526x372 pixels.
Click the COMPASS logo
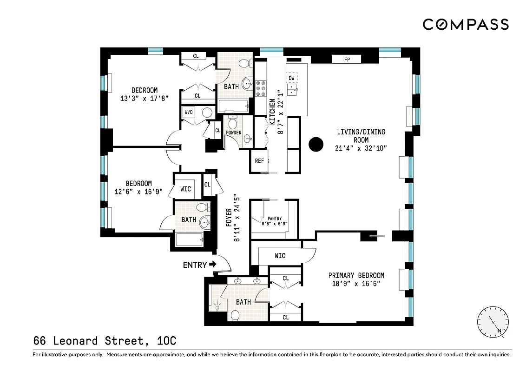(x=466, y=24)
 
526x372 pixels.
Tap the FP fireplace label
(x=347, y=60)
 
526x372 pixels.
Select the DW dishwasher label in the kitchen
(x=291, y=78)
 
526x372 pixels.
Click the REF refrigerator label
(x=259, y=161)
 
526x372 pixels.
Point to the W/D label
(x=189, y=112)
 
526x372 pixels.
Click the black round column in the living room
(x=316, y=144)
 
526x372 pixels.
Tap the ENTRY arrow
(x=213, y=265)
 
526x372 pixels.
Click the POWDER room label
(x=233, y=133)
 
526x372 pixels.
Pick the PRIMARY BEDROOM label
(x=356, y=275)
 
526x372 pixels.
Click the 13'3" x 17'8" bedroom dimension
(x=144, y=98)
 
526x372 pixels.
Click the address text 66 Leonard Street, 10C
(x=105, y=341)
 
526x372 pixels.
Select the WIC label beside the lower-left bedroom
(x=185, y=189)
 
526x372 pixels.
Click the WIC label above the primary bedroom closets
(x=280, y=256)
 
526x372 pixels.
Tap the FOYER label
(x=229, y=218)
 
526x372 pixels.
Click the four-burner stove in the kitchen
(x=261, y=88)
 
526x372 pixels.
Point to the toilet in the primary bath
(x=235, y=315)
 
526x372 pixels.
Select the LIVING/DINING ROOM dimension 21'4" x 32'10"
(x=361, y=148)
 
